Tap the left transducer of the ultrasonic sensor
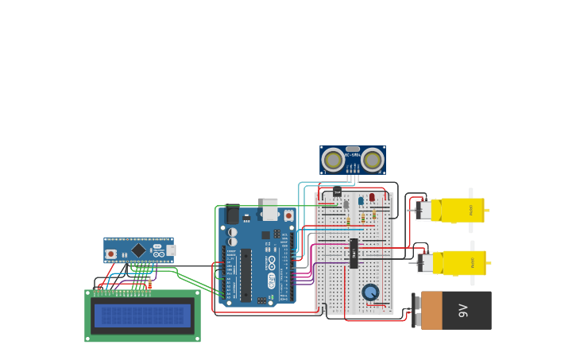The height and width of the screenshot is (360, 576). pyautogui.click(x=333, y=161)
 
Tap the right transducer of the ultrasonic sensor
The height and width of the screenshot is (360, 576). pyautogui.click(x=372, y=161)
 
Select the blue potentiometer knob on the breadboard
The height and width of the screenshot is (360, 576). pyautogui.click(x=370, y=292)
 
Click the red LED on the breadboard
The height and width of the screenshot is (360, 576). pyautogui.click(x=372, y=197)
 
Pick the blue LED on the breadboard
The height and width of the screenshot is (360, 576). pyautogui.click(x=360, y=200)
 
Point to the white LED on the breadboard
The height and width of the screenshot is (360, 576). pyautogui.click(x=346, y=204)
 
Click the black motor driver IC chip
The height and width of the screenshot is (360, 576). pyautogui.click(x=354, y=253)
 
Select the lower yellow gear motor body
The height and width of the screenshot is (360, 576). pyautogui.click(x=459, y=262)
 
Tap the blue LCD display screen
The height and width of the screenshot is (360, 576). pyautogui.click(x=142, y=315)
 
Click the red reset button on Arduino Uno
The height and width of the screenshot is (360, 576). pyautogui.click(x=288, y=215)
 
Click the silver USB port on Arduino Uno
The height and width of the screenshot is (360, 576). pyautogui.click(x=270, y=209)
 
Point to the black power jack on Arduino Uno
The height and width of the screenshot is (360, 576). pyautogui.click(x=232, y=215)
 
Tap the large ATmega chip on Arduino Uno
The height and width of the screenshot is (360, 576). pyautogui.click(x=246, y=275)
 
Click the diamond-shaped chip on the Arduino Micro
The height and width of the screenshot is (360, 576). pyautogui.click(x=138, y=250)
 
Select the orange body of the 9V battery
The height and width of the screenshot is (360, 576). pyautogui.click(x=431, y=310)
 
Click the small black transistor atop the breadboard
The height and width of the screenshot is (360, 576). pyautogui.click(x=337, y=191)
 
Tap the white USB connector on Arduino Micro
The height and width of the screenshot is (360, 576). pyautogui.click(x=171, y=250)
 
